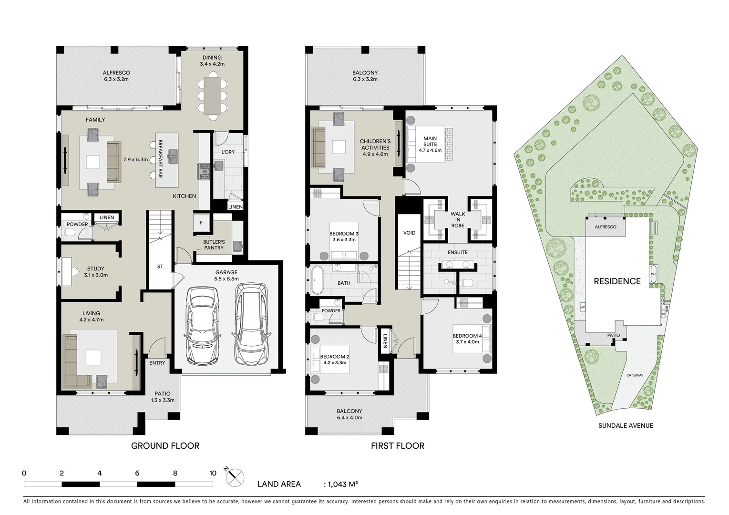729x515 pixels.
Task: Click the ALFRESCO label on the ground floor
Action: [x=116, y=76]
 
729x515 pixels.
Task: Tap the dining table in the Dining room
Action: [x=212, y=95]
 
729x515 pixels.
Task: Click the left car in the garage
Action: [x=202, y=325]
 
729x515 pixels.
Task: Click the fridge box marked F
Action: [x=201, y=222]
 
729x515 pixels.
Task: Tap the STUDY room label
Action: [x=95, y=272]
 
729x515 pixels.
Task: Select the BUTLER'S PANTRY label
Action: [x=214, y=245]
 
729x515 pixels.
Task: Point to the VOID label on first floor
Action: [x=409, y=233]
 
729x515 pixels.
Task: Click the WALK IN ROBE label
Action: [x=457, y=220]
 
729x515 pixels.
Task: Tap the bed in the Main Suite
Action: [x=429, y=144]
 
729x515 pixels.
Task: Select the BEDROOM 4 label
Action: [x=467, y=339]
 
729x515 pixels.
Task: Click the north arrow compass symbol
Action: [x=235, y=475]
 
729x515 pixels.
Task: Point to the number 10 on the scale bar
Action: [x=213, y=474]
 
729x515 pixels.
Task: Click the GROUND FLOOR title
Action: [x=165, y=446]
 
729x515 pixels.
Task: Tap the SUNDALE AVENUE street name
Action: [x=626, y=425]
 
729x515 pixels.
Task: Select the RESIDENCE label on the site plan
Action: [x=617, y=281]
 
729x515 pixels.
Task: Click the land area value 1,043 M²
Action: [x=342, y=484]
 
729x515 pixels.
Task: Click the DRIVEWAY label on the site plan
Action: [x=635, y=375]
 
